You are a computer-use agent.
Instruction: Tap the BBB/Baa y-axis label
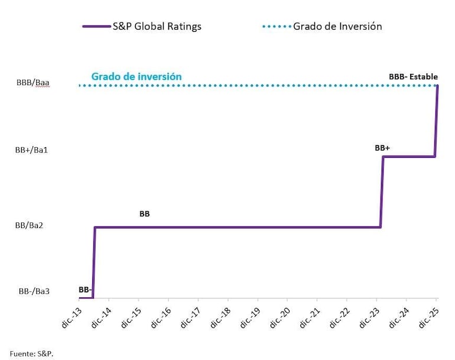coord(33,83)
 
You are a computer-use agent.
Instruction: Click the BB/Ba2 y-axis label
coord(32,225)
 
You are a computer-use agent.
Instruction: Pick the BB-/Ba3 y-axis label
coord(34,291)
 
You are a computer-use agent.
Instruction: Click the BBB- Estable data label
coord(413,77)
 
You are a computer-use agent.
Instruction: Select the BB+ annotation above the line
coord(382,148)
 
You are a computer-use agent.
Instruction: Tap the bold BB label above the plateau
coord(144,214)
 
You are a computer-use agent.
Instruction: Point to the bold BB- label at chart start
coord(84,290)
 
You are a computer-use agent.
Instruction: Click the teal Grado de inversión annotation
coord(136,77)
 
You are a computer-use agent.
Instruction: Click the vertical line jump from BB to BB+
coord(382,192)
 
